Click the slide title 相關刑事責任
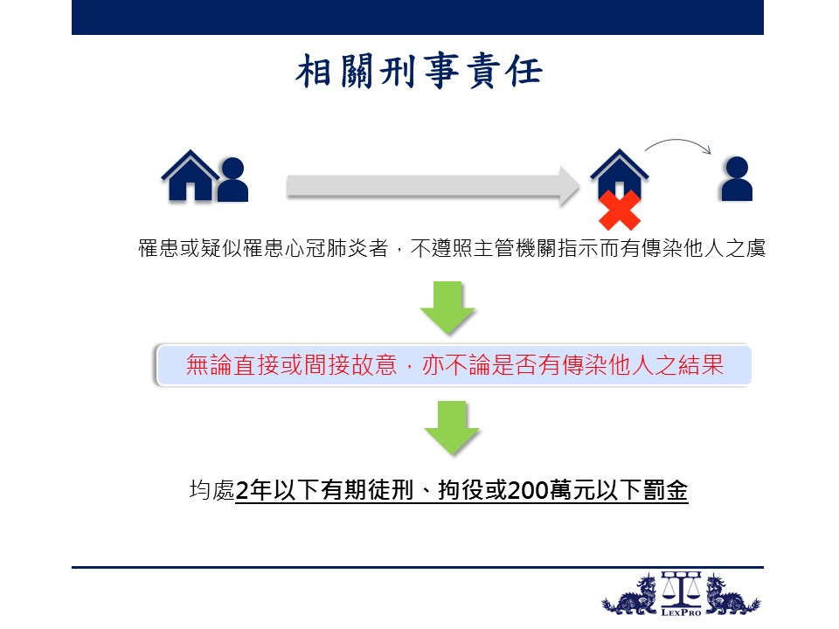click(x=419, y=71)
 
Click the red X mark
click(x=620, y=211)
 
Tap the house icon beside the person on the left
click(x=190, y=176)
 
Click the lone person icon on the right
click(x=737, y=178)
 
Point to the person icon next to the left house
click(x=232, y=180)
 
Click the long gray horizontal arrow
click(x=433, y=186)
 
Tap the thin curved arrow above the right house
click(x=678, y=143)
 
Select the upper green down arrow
click(x=447, y=308)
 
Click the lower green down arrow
click(x=452, y=427)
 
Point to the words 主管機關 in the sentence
click(x=515, y=248)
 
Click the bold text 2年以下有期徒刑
click(x=324, y=490)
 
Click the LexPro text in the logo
click(x=681, y=612)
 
